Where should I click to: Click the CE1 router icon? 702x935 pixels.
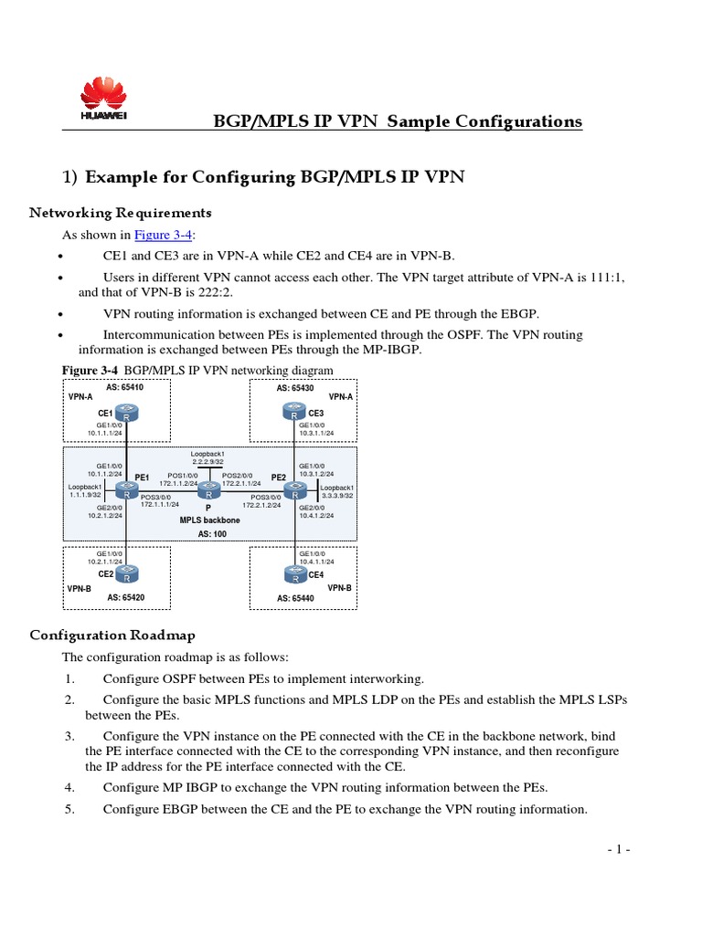coord(126,413)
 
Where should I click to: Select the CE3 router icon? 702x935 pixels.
coord(294,413)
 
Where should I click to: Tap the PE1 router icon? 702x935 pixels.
coord(126,490)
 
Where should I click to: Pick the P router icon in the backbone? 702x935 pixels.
coord(208,490)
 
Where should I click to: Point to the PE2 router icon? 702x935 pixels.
coord(294,490)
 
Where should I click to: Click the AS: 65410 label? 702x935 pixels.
coord(125,387)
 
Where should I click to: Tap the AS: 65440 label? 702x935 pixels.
coord(295,598)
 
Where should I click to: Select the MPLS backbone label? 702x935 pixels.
coord(208,518)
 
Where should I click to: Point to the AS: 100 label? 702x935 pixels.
coord(211,532)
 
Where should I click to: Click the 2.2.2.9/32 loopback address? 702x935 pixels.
coord(207,462)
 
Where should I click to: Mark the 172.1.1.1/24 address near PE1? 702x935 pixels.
coord(160,504)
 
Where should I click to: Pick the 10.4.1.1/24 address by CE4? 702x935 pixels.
coord(316,562)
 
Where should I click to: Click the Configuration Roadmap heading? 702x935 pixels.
coord(112,635)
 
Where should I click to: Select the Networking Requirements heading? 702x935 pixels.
coord(120,213)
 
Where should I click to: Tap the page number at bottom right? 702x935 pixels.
coord(619,849)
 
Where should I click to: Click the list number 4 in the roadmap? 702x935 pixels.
coord(69,787)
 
